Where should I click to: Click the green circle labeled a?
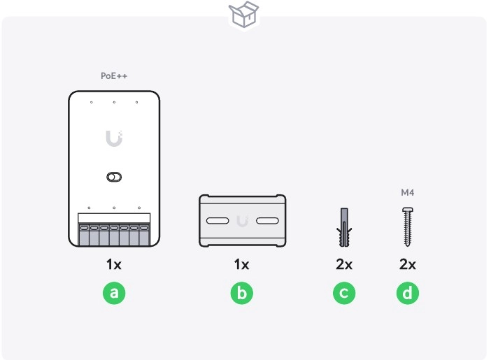pos(114,293)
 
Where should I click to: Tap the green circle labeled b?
pos(242,293)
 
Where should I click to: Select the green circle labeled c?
pos(344,293)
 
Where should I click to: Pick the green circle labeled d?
pos(408,293)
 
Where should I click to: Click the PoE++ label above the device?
pos(114,75)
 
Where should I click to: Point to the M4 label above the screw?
pos(408,192)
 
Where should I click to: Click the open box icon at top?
pos(243,15)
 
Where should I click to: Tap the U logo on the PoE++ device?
pos(114,138)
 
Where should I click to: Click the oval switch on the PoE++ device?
pos(114,177)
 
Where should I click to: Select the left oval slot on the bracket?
pos(218,221)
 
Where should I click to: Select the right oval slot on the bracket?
pos(267,221)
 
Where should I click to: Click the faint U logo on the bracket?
pos(243,221)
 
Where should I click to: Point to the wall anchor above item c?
pos(344,227)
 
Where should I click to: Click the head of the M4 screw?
pos(408,210)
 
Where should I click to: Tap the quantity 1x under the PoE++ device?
pos(114,264)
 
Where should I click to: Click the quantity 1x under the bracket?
pos(242,264)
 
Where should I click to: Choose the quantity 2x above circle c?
pos(344,264)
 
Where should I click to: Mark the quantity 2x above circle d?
pos(408,264)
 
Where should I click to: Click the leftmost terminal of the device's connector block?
pos(84,235)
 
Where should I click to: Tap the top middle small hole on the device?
pos(114,102)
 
